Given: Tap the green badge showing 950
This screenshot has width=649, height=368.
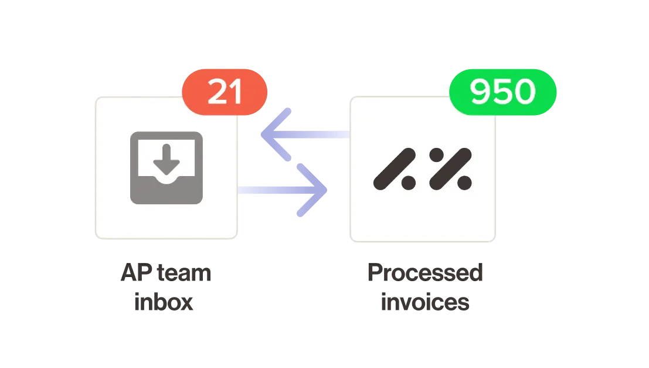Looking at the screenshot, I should pos(502,92).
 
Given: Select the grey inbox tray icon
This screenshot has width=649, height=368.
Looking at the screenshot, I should pos(167,168).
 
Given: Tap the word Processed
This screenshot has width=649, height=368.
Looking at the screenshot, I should pos(424,274).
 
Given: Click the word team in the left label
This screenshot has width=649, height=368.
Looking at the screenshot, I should pos(182,274).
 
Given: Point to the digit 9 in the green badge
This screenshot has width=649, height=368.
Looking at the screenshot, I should pos(480,92).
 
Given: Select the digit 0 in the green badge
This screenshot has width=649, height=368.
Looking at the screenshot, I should pos(524,92).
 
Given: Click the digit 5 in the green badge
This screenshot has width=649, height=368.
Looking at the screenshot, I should pos(502,92).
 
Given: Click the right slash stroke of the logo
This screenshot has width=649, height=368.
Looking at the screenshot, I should pos(450,169).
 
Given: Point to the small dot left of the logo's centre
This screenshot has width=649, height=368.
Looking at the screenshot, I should pos(408,183).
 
